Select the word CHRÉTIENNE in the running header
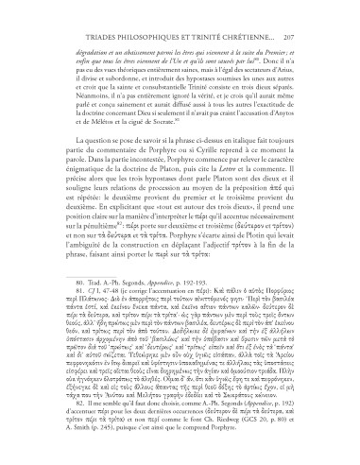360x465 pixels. pyautogui.click(x=255, y=17)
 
